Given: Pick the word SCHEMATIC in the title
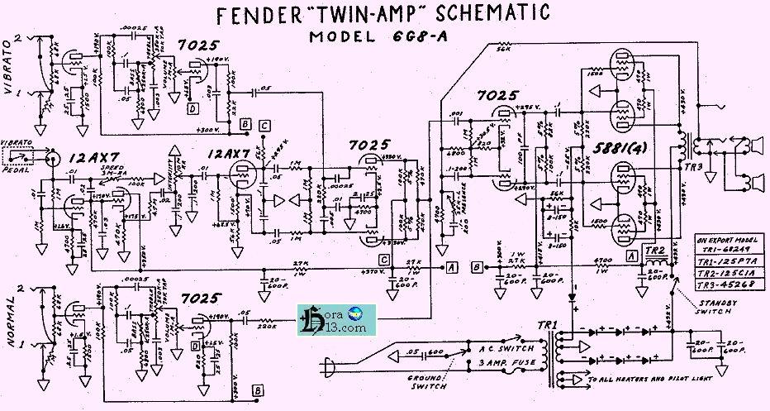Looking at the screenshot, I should (x=488, y=15).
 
